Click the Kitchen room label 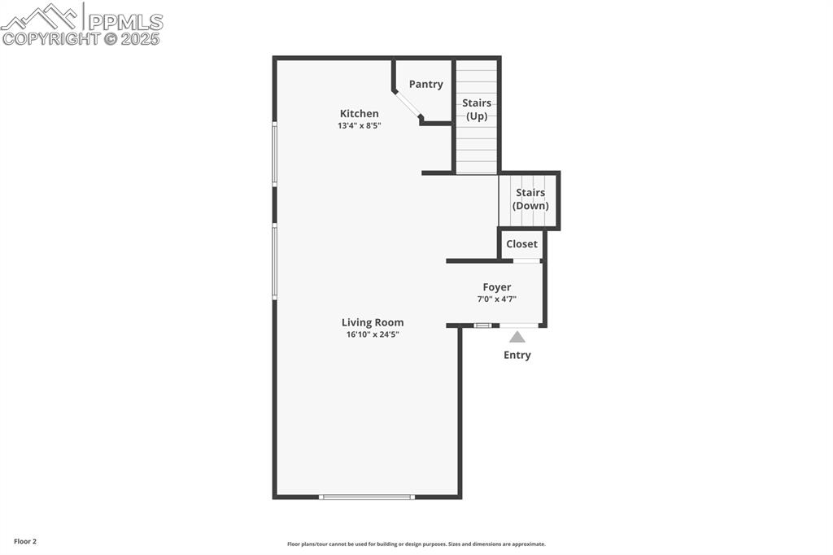point(359,114)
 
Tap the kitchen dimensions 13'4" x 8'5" point(359,126)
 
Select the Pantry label point(426,85)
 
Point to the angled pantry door point(408,105)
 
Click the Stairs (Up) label point(477,110)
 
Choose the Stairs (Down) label point(530,199)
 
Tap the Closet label point(521,244)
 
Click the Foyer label point(497,287)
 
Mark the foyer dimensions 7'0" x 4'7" point(497,299)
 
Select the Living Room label point(373,322)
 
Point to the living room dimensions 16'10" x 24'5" point(373,334)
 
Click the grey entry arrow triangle point(517,336)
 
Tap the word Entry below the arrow point(517,355)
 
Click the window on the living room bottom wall point(367,496)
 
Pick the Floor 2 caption point(25,541)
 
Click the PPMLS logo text point(124,22)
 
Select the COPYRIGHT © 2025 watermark point(81,39)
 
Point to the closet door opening point(527,260)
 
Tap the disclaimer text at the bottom point(416,544)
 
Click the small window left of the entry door point(483,326)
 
